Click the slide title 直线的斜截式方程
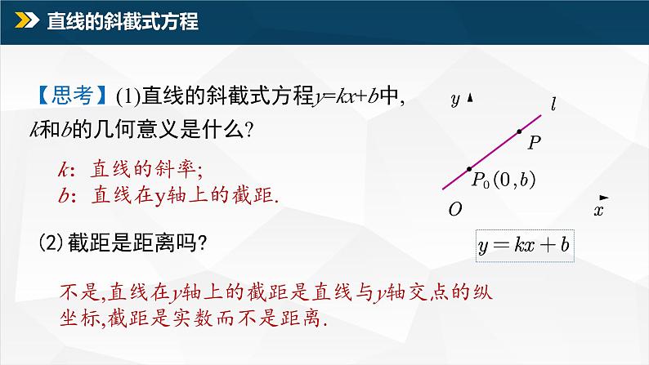(123, 22)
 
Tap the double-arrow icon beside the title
(27, 22)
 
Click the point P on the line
(518, 131)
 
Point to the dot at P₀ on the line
(469, 170)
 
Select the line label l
(553, 104)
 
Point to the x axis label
(598, 211)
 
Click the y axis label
(454, 100)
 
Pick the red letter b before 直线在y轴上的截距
(63, 194)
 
